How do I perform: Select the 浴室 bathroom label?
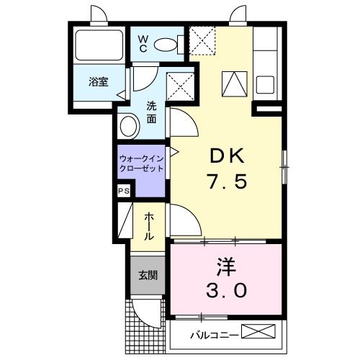click(x=98, y=82)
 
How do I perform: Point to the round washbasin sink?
click(x=130, y=127)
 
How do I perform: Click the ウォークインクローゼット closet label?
click(x=141, y=161)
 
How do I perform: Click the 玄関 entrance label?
click(x=148, y=275)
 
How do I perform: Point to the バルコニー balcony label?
click(x=214, y=333)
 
